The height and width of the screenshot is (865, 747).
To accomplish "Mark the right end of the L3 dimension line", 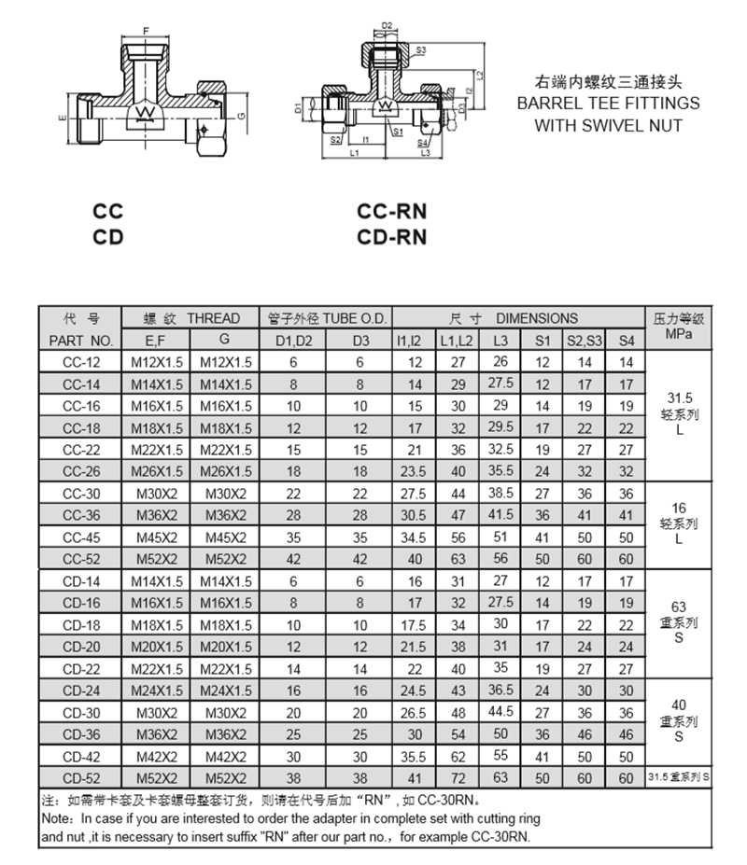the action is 443,159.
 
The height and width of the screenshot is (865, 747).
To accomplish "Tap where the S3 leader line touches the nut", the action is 410,55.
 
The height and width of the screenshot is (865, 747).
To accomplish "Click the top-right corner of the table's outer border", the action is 712,306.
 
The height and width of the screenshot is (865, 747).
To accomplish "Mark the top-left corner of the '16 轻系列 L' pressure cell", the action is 645,481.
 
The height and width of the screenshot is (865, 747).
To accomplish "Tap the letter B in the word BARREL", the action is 522,104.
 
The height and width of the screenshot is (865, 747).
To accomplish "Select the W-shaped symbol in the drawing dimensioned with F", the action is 146,113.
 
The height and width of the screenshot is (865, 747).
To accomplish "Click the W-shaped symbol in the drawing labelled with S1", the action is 385,105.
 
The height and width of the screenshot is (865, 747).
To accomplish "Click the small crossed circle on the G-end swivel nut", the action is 204,130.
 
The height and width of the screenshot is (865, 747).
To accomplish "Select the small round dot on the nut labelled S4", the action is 426,126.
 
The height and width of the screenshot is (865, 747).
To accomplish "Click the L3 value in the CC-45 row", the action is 500,537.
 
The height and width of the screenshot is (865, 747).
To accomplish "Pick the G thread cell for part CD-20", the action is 225,647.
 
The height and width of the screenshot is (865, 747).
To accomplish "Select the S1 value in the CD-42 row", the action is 543,757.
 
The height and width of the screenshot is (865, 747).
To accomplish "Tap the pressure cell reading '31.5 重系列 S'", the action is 679,776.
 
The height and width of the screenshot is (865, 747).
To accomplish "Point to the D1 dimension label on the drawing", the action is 298,108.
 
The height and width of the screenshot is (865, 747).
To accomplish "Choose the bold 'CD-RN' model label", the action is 391,237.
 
